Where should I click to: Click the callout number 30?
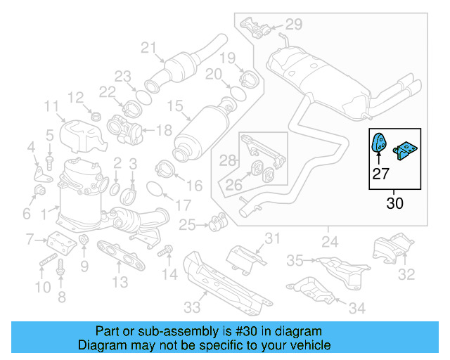(x=394, y=205)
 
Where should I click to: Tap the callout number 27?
(x=380, y=174)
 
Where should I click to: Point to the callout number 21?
(x=147, y=48)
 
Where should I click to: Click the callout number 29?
(x=293, y=25)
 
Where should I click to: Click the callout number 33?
(x=192, y=307)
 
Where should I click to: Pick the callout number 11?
(x=51, y=107)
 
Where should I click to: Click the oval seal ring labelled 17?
(x=156, y=189)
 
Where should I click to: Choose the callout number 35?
(x=295, y=260)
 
